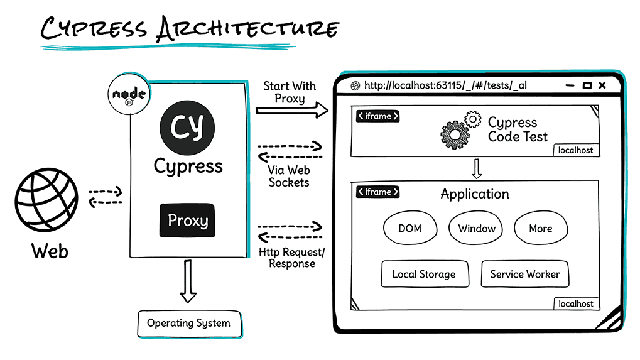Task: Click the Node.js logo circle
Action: [x=129, y=95]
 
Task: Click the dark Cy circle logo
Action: [x=187, y=126]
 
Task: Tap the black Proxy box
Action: [x=187, y=221]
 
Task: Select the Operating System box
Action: [x=188, y=324]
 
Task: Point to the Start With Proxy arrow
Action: [x=292, y=111]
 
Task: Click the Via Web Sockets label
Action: [x=289, y=176]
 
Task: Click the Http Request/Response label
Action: [x=291, y=258]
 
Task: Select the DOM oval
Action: [x=409, y=229]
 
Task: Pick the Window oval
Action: [x=477, y=229]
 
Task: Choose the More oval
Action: [x=540, y=229]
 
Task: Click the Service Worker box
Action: [x=525, y=275]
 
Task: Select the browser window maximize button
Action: [x=587, y=85]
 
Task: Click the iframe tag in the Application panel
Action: [x=377, y=192]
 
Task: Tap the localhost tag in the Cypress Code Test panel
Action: [x=575, y=150]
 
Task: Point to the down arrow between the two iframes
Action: [x=476, y=168]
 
